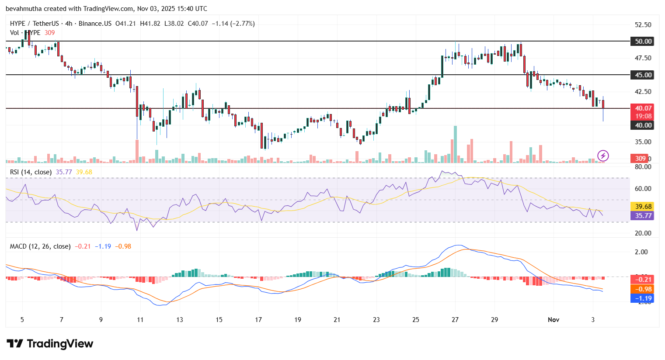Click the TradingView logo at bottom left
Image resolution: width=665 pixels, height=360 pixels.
coord(50,344)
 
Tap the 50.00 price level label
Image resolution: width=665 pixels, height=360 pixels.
coord(643,42)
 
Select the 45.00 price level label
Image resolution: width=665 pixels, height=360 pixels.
coord(643,75)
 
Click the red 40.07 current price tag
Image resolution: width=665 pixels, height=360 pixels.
coord(643,108)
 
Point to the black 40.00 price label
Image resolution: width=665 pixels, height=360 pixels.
coord(643,125)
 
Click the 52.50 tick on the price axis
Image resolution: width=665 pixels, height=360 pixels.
coord(643,25)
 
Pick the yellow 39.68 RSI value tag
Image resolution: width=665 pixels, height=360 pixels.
coord(643,207)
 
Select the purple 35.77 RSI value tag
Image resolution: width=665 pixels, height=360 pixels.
coord(643,216)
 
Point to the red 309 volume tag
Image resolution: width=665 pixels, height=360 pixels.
coord(640,159)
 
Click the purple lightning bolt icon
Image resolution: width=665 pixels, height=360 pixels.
coord(603,156)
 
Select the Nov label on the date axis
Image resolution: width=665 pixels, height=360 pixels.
coord(554,320)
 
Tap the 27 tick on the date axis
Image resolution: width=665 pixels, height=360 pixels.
coord(455,320)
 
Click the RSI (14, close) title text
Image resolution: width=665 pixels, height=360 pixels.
coord(31,172)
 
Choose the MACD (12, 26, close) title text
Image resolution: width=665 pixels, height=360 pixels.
coord(40,246)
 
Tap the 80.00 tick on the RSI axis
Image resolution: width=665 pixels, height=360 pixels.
coord(643,167)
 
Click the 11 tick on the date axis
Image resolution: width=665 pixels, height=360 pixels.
coord(140,320)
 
